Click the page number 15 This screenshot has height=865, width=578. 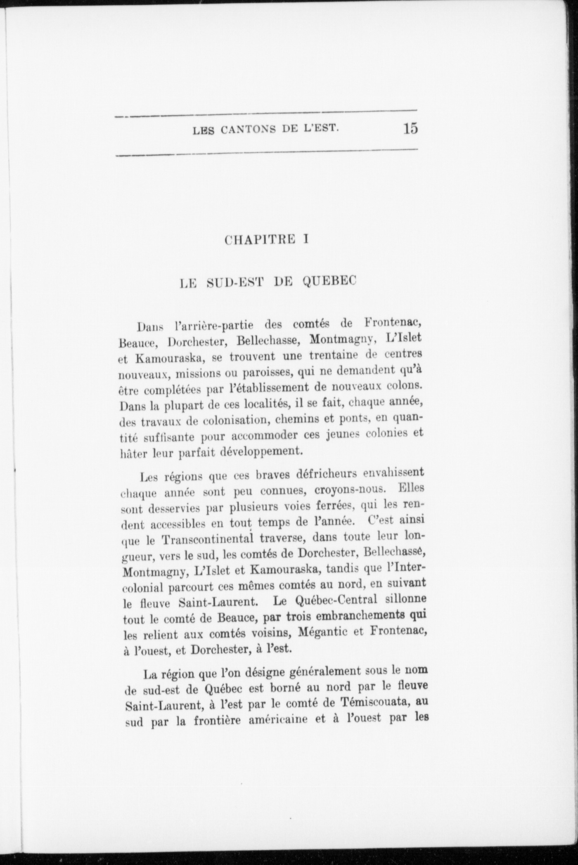point(411,129)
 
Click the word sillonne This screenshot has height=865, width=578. point(405,599)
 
